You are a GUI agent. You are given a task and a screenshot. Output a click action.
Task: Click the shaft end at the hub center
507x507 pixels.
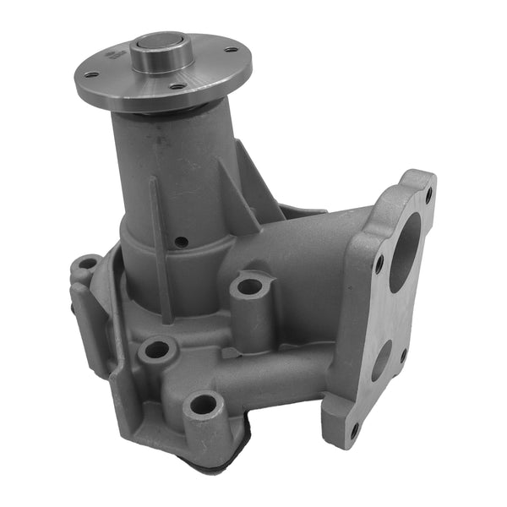tap(161, 42)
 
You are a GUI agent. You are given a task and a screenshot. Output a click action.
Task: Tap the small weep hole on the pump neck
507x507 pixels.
tap(181, 242)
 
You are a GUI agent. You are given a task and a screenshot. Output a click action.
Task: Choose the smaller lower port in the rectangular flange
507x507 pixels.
tap(381, 360)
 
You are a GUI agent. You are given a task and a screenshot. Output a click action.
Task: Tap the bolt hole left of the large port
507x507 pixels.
tap(379, 264)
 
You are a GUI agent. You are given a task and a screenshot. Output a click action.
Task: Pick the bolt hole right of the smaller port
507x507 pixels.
tap(403, 354)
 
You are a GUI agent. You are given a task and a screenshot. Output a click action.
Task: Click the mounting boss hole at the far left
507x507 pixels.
tap(84, 263)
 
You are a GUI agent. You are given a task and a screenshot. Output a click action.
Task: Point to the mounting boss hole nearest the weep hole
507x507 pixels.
tap(248, 286)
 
